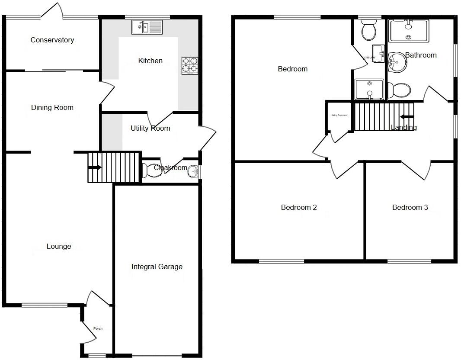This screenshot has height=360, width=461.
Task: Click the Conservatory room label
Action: click(52, 40)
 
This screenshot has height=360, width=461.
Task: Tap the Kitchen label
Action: click(150, 61)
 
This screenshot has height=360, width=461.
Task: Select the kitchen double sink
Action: click(147, 27)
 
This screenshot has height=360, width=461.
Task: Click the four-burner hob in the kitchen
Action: click(189, 65)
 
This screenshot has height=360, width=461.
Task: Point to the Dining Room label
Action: click(52, 108)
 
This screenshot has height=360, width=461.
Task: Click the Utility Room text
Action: click(150, 129)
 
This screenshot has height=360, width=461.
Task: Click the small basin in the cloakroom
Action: click(193, 172)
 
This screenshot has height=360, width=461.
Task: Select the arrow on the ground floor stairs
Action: click(95, 167)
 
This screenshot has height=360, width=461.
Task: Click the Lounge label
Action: click(59, 247)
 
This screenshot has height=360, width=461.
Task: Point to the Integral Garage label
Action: click(157, 267)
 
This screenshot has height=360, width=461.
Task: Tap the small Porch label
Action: click(98, 328)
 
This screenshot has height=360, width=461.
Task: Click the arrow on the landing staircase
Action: click(407, 116)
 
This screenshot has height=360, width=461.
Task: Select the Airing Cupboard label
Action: click(339, 116)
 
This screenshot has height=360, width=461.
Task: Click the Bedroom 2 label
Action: click(299, 208)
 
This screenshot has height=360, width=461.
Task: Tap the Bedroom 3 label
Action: click(410, 208)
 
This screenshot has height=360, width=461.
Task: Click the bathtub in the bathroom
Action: click(409, 31)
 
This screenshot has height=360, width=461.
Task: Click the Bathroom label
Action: click(421, 55)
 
